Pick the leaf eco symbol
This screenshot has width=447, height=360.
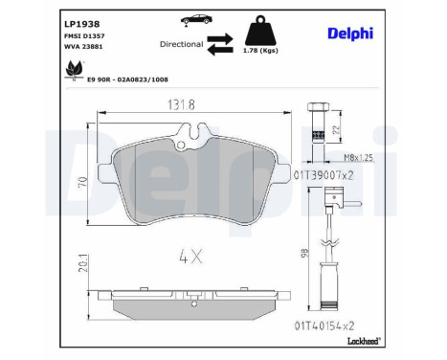pyautogui.click(x=72, y=70)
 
